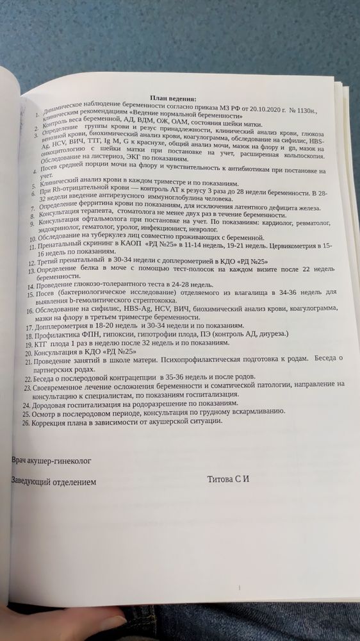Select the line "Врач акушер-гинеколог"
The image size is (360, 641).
51,460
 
